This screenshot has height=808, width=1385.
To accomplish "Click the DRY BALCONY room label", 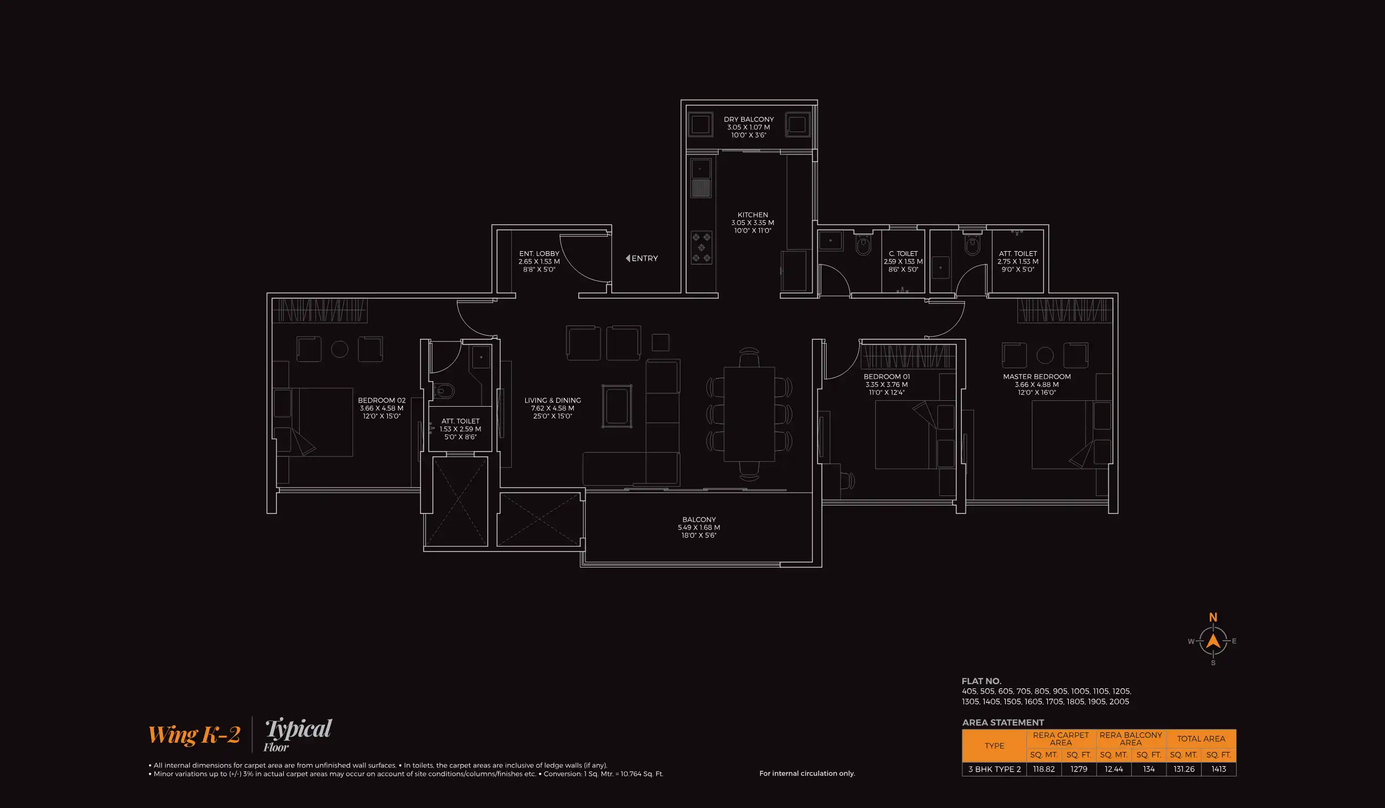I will pos(749,119).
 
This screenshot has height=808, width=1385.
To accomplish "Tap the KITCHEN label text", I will pos(752,215).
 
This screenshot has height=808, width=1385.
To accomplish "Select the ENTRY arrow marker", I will pos(628,258).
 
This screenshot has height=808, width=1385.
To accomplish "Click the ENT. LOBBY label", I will pos(539,254).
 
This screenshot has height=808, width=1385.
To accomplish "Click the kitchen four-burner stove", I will pos(701,248).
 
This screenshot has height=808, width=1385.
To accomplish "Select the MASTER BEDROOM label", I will pos(1037,377).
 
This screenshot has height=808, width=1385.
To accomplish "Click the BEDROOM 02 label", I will pos(382,400).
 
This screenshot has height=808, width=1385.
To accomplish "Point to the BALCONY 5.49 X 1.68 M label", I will pos(698,526).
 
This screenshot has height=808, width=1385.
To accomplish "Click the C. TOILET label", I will pos(903,254).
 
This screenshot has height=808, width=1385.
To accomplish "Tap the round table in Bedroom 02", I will pos(340,349).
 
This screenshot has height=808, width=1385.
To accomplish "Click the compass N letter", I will pos(1213,617).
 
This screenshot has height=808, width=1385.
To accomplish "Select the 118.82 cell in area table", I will pos(1043,769).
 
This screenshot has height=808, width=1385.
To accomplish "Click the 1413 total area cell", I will pos(1218,769).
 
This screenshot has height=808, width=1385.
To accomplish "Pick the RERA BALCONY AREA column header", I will pos(1131,738).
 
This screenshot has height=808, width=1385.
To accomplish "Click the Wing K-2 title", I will pos(194,735).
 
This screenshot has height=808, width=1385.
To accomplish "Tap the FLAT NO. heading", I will pos(981,681).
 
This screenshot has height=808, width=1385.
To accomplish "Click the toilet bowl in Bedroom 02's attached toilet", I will pos(445,391).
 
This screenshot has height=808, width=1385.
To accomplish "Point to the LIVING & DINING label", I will pos(553,400).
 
